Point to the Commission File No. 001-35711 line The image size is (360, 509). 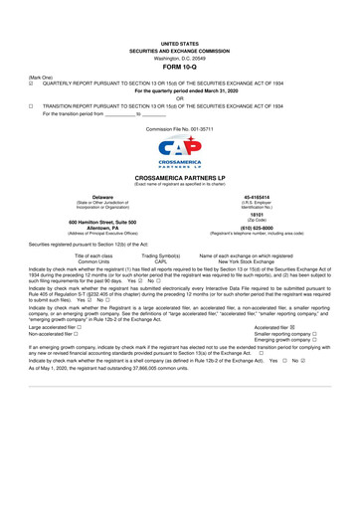(179, 130)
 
